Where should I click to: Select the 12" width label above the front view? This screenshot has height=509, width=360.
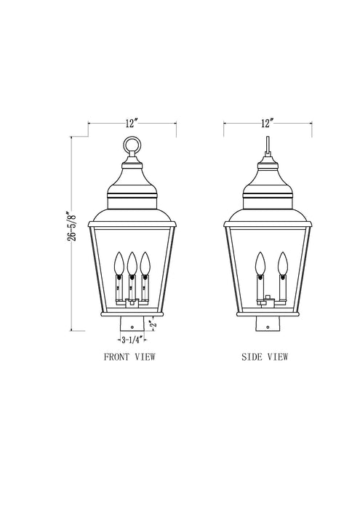[132, 122]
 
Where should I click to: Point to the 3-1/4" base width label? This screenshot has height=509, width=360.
[132, 339]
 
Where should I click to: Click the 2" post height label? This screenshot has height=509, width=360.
[151, 322]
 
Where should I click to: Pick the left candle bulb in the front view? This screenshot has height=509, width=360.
[119, 261]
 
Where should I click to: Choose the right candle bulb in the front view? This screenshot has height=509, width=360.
[145, 261]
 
